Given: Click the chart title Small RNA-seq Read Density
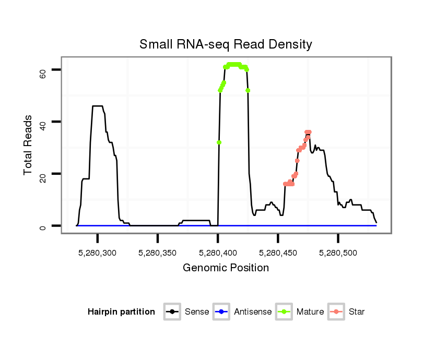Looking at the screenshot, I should pyautogui.click(x=226, y=44).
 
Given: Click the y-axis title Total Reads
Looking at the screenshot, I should pyautogui.click(x=28, y=145).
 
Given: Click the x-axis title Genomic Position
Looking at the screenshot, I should pyautogui.click(x=226, y=268).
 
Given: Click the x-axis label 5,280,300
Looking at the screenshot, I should pyautogui.click(x=98, y=253).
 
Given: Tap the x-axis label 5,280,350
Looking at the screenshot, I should pyautogui.click(x=158, y=253).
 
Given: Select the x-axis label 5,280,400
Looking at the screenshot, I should pyautogui.click(x=218, y=253).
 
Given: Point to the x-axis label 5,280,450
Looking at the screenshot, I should pyautogui.click(x=278, y=253).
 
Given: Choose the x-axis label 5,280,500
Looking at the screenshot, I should pyautogui.click(x=338, y=253).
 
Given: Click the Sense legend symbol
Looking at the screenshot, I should pyautogui.click(x=172, y=312).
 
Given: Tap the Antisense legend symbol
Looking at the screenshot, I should pyautogui.click(x=221, y=312).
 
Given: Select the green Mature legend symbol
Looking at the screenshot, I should pyautogui.click(x=284, y=312).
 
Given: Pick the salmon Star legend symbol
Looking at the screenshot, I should pyautogui.click(x=336, y=312).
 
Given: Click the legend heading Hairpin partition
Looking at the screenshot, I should pyautogui.click(x=121, y=312).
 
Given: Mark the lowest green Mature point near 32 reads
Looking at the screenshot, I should pyautogui.click(x=219, y=142).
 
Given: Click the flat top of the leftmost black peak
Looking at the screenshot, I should pyautogui.click(x=98, y=106).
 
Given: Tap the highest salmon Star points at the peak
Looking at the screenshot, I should pyautogui.click(x=308, y=133).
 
